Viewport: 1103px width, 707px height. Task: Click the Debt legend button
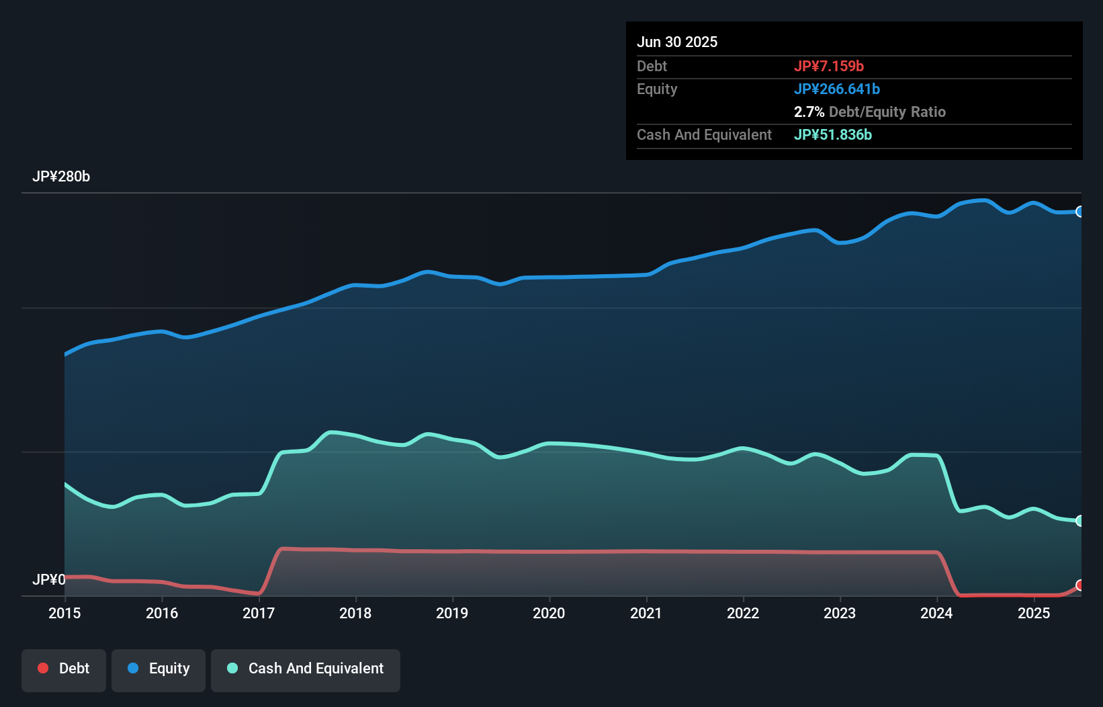(x=64, y=669)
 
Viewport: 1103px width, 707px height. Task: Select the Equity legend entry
(x=159, y=669)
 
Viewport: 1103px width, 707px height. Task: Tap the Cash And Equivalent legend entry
(x=306, y=669)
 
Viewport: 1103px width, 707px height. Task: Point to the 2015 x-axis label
(x=64, y=613)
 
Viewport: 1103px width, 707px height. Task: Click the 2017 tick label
(x=259, y=613)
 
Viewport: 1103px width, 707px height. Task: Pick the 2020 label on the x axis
(x=549, y=613)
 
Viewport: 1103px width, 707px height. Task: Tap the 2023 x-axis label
(x=840, y=613)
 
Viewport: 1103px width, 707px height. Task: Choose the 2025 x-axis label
(x=1034, y=613)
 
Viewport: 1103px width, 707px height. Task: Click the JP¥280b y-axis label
(x=61, y=177)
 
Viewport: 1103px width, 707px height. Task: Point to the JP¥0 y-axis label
(x=49, y=579)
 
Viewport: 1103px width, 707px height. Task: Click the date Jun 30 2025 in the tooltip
(x=677, y=42)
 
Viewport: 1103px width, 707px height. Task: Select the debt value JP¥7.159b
(x=828, y=66)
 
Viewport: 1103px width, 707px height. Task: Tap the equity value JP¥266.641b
(x=836, y=89)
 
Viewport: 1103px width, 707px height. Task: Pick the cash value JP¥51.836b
(x=832, y=134)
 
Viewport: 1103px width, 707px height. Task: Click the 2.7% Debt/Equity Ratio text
(x=869, y=112)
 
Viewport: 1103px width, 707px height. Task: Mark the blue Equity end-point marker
(x=1079, y=212)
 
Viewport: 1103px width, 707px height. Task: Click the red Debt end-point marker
(x=1079, y=585)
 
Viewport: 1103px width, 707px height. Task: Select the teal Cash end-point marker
(x=1079, y=521)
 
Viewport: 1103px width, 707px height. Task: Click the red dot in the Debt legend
(x=43, y=668)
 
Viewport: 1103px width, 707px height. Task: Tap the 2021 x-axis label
(x=646, y=613)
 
